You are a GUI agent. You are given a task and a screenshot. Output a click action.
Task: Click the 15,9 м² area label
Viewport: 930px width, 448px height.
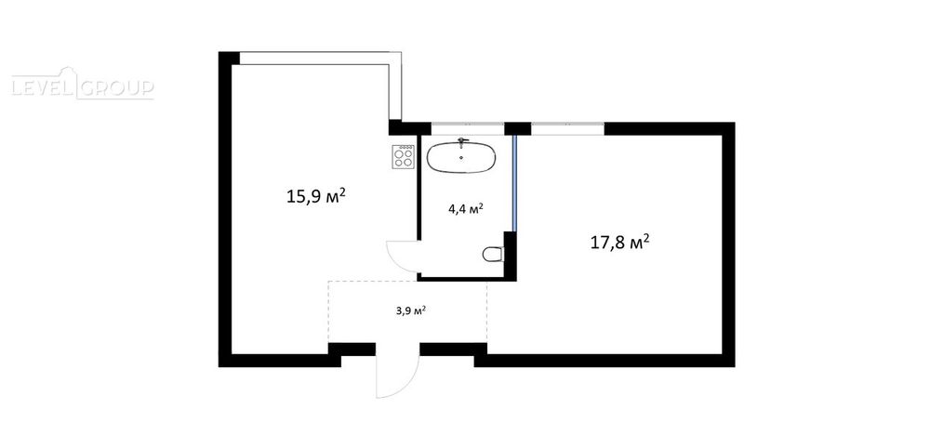pos(316,196)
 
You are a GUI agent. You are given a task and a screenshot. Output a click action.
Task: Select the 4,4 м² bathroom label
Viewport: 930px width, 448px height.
pos(466,208)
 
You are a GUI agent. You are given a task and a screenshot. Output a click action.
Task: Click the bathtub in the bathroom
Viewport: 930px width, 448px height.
pos(461,158)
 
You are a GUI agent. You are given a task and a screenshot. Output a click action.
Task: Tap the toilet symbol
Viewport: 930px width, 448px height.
pos(493,255)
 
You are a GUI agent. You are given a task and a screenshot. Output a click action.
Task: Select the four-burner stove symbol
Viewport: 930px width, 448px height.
pos(404,157)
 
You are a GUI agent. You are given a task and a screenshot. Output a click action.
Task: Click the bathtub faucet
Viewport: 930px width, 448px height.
pos(462,142)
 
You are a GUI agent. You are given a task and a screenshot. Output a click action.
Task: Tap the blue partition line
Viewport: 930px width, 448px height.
pos(515,183)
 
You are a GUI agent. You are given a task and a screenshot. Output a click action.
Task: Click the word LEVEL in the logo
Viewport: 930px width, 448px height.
pos(42,88)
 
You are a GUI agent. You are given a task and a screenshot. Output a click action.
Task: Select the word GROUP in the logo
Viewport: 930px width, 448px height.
pos(116,88)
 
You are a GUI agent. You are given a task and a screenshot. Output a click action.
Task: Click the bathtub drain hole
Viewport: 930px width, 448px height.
pos(462,158)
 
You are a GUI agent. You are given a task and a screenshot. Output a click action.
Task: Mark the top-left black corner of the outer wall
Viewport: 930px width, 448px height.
pos(219,52)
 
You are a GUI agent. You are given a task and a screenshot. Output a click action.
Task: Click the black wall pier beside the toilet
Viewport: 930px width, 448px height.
pos(510,256)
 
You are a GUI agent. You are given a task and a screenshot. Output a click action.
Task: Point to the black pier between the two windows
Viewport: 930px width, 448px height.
pos(517,128)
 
